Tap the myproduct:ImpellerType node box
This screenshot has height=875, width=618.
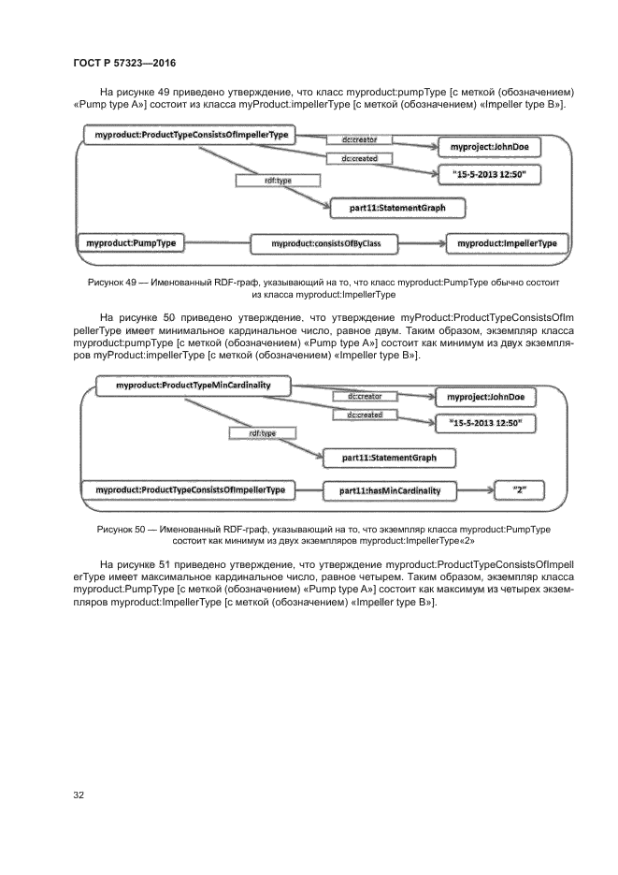pos(507,243)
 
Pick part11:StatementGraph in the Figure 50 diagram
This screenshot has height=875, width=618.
pos(386,458)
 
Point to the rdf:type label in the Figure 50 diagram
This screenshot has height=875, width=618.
pos(262,433)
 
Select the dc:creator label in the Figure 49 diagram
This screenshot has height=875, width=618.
pos(360,140)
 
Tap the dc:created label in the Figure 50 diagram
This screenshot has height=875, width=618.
pos(364,415)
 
